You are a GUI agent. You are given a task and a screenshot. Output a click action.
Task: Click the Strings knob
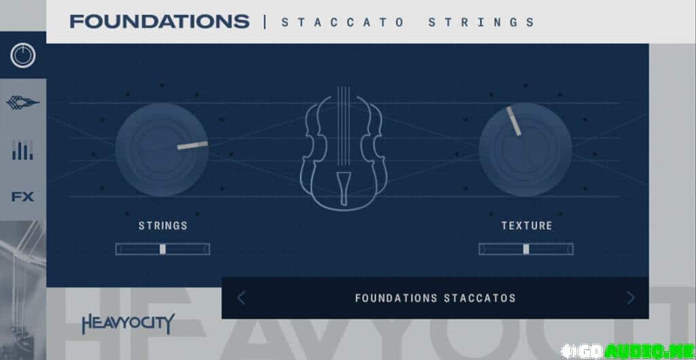pos(162,150)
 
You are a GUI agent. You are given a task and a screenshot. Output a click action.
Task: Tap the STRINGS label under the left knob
pos(163,226)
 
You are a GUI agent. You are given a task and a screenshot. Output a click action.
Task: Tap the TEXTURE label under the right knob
pos(527,226)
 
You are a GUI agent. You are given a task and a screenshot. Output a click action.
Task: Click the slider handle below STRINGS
pos(162,249)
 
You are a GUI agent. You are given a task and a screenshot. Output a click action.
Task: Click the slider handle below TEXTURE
pos(526,249)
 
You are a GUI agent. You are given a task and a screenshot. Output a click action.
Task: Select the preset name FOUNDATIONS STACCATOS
pos(436,298)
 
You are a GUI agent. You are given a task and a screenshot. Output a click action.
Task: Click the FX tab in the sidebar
pos(22,197)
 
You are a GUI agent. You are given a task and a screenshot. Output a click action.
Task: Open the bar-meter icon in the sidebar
pos(22,150)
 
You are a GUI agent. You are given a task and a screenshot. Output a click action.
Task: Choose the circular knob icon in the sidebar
pos(22,56)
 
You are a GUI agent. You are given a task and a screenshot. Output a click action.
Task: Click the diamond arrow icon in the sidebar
pos(22,103)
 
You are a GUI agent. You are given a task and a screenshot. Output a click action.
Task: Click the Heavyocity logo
pos(128,323)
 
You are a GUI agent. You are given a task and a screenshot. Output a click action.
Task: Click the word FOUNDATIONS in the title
pos(159,22)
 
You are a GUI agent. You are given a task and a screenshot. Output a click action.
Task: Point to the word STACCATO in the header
pos(343,22)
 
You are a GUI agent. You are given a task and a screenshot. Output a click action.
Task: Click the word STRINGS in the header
pos(481,22)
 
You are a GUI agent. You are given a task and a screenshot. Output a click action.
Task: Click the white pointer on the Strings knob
pos(192,145)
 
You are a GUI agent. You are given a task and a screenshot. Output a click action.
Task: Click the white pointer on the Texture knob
pos(514,121)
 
